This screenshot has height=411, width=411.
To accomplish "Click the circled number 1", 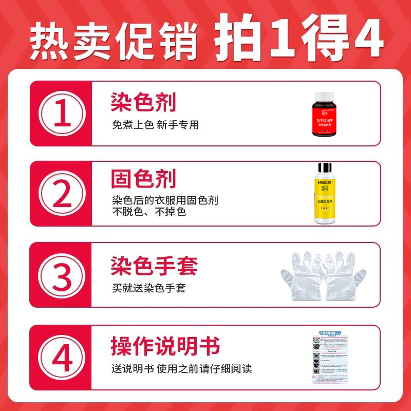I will coord(62,114).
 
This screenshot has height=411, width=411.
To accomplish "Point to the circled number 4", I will coord(62,357).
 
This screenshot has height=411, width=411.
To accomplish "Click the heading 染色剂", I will coord(143,102).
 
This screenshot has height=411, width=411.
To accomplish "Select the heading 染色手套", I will coord(154,266).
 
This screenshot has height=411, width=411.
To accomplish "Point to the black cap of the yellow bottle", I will coord(325,169).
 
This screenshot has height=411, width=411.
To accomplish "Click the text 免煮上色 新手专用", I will coord(155,125).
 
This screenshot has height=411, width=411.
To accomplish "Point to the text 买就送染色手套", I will coord(149,288).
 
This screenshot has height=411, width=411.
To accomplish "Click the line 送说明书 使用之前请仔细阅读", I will coord(182,369).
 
